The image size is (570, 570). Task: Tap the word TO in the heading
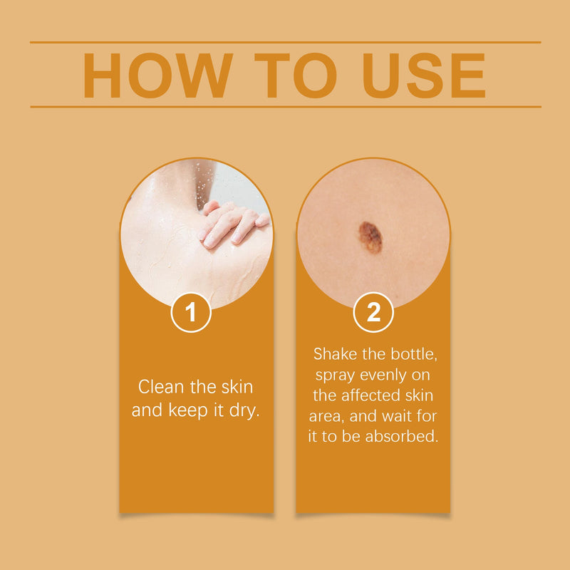point(295,76)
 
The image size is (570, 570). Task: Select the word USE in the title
point(424,76)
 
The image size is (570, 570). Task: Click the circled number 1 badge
point(191,312)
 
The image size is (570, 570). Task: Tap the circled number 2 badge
point(373,312)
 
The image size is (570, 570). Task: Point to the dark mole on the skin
point(370,237)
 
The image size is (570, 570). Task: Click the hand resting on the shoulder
point(233,224)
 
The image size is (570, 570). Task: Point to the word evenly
point(383,376)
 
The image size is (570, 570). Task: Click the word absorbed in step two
point(402,436)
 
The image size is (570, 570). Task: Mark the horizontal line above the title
point(286,43)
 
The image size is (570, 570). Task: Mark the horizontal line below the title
point(286,107)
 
